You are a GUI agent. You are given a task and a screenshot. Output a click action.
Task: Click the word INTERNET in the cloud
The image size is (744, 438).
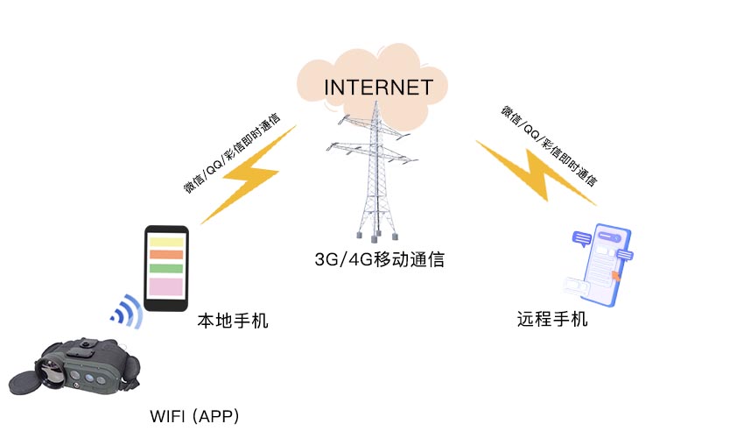click(x=378, y=88)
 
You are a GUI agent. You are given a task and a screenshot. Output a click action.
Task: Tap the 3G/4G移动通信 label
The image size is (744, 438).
click(x=379, y=259)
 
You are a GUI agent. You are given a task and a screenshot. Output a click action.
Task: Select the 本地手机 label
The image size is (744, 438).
click(x=232, y=321)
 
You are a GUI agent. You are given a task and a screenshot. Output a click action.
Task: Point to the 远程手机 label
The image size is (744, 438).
click(x=552, y=319)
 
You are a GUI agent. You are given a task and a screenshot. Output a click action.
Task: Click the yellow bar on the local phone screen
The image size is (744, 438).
click(x=165, y=241)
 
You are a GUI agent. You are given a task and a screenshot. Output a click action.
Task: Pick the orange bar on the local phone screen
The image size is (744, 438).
click(x=165, y=255)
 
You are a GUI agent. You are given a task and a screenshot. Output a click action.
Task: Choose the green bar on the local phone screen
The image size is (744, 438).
click(x=165, y=268)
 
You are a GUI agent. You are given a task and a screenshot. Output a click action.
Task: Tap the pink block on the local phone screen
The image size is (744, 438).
click(x=165, y=286)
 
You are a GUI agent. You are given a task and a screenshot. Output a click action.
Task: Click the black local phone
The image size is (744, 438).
click(x=165, y=267)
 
